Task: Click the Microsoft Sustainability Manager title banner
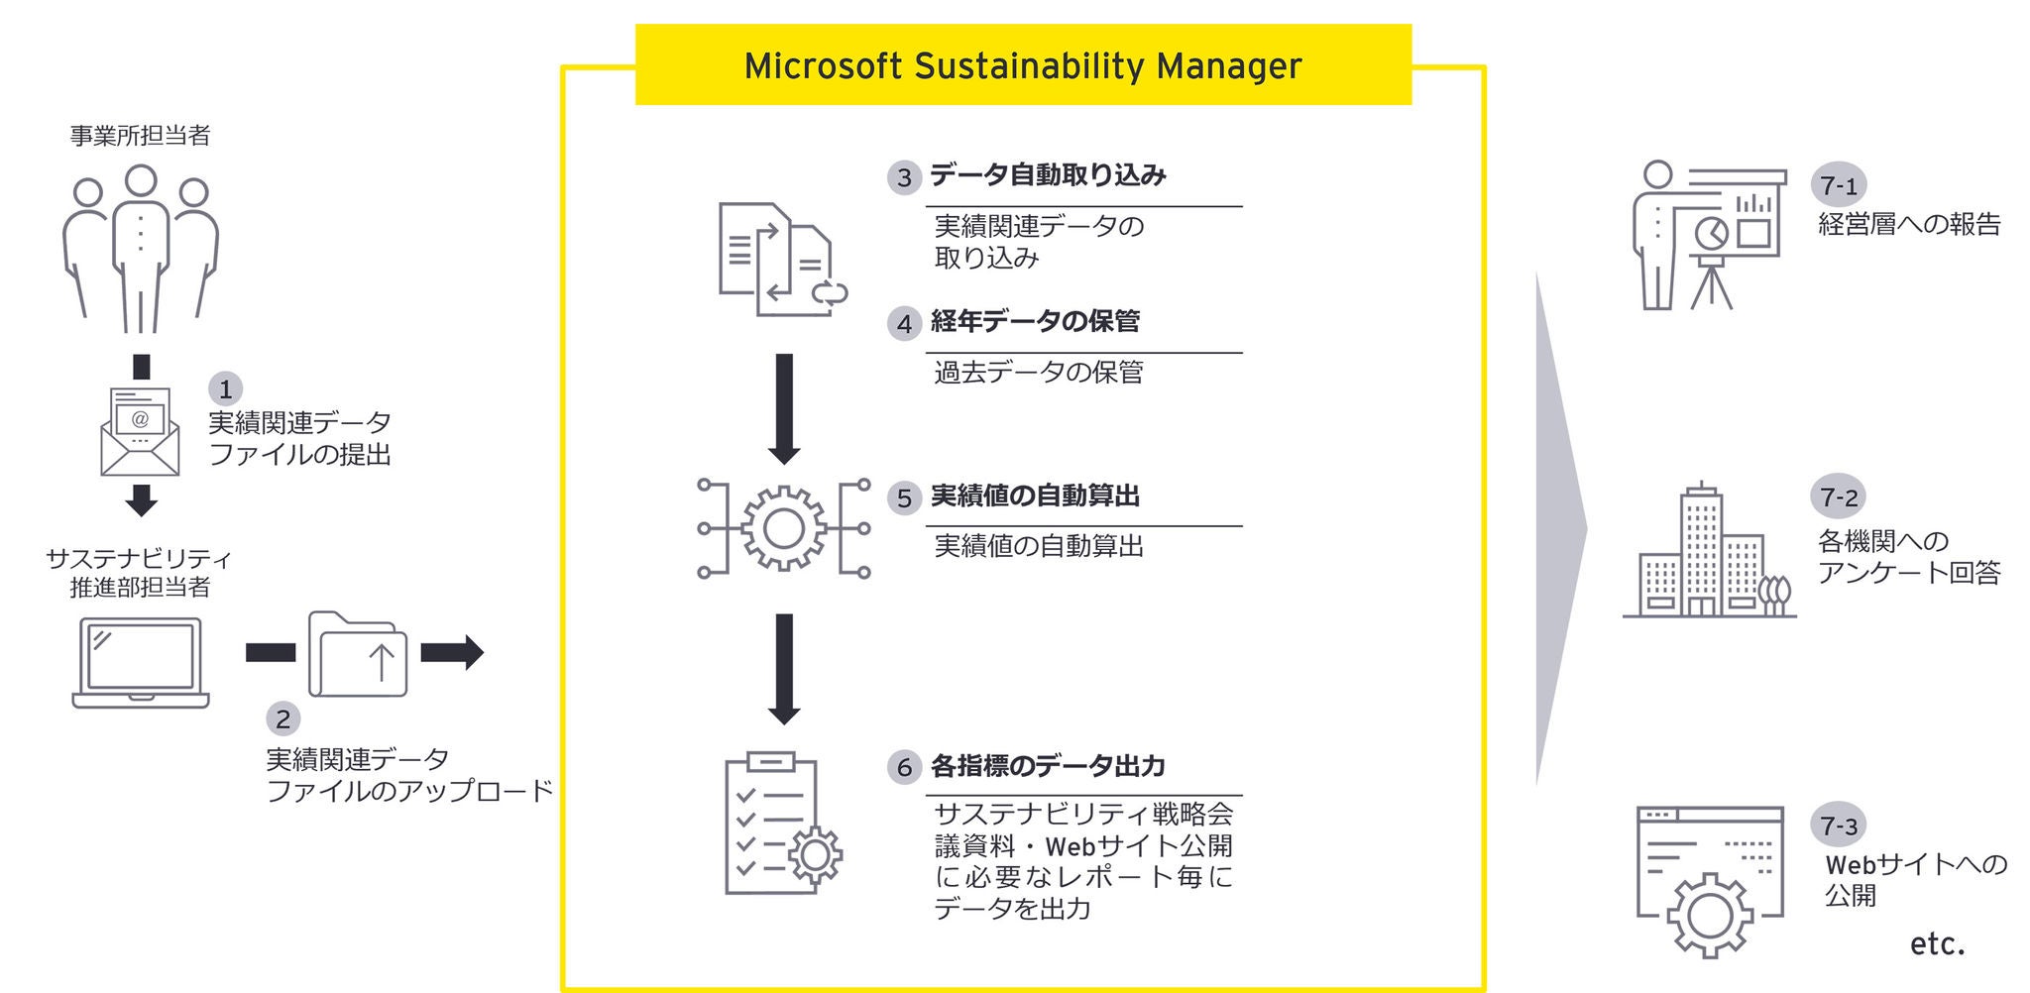pyautogui.click(x=1022, y=65)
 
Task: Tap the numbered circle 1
pyautogui.click(x=225, y=388)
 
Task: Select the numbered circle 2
pyautogui.click(x=283, y=718)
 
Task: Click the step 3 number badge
pyautogui.click(x=904, y=177)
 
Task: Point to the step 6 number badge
pyautogui.click(x=904, y=766)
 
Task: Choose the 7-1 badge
pyautogui.click(x=1839, y=185)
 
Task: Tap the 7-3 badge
pyautogui.click(x=1839, y=826)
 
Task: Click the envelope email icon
pyautogui.click(x=140, y=432)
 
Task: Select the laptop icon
pyautogui.click(x=141, y=663)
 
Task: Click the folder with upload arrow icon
pyautogui.click(x=358, y=655)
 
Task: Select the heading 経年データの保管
pyautogui.click(x=1035, y=322)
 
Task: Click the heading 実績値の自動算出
pyautogui.click(x=1035, y=496)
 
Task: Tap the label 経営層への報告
pyautogui.click(x=1909, y=224)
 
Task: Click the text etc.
pyautogui.click(x=1937, y=943)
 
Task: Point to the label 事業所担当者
pyautogui.click(x=140, y=136)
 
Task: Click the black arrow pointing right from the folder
pyautogui.click(x=452, y=652)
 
